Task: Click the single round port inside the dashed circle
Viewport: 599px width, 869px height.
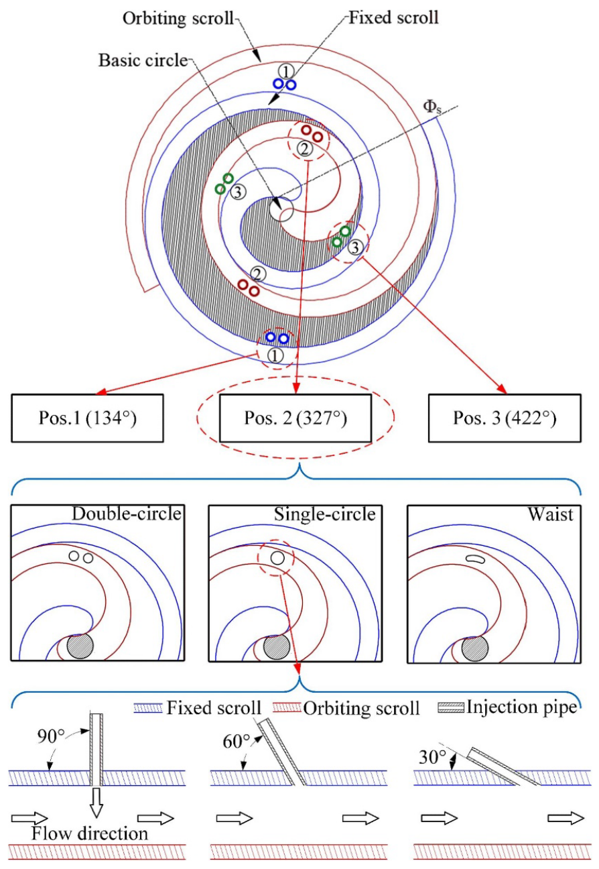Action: pyautogui.click(x=277, y=558)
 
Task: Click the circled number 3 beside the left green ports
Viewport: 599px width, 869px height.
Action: pyautogui.click(x=239, y=191)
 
